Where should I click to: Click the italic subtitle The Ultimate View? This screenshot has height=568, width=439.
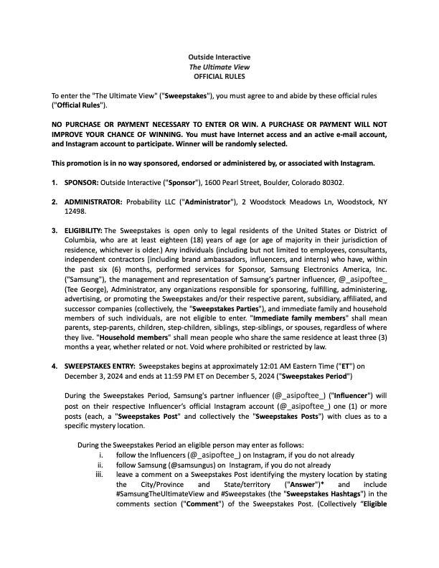[219, 65]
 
